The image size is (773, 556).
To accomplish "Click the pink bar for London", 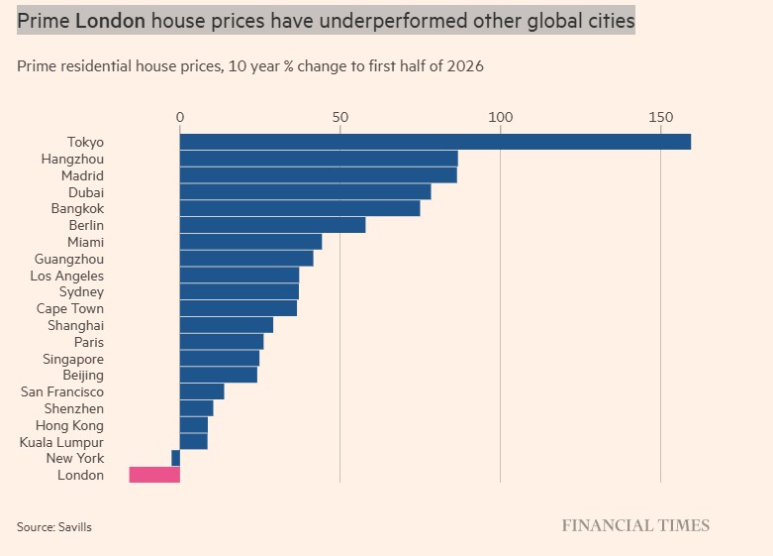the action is [x=154, y=475].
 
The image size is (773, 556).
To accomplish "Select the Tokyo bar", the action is [x=435, y=142].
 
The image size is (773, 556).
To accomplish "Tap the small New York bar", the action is [x=175, y=458].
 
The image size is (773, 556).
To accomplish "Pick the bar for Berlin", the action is [x=272, y=225].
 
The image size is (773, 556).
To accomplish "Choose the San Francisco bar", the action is [x=202, y=391].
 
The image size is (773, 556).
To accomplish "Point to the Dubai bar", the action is [x=305, y=191].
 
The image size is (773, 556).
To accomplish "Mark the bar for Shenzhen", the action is [x=197, y=408].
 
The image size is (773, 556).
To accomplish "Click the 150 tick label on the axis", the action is [x=660, y=117].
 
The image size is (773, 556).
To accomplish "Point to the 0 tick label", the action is [x=180, y=117].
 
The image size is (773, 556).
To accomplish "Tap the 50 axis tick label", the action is [x=340, y=117].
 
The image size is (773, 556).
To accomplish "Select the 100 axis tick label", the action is [x=501, y=117].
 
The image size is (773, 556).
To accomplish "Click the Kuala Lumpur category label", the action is [x=61, y=442].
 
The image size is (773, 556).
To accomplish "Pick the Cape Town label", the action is [x=70, y=308].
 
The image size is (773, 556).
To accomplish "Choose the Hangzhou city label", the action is [x=72, y=159].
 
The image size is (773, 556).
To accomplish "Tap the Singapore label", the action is [x=73, y=359].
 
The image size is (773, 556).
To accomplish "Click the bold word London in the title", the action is [x=111, y=21].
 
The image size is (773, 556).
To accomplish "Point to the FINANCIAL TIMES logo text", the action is [x=635, y=525].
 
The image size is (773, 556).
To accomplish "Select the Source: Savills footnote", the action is [x=54, y=527].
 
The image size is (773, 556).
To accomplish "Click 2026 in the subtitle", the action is [x=465, y=66].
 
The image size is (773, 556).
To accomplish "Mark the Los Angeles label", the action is [x=67, y=276].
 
